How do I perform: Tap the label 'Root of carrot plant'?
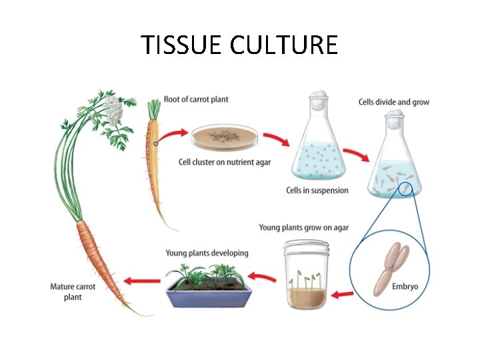pyautogui.click(x=196, y=99)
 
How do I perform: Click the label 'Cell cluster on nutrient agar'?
pyautogui.click(x=225, y=162)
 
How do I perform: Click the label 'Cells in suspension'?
pyautogui.click(x=317, y=191)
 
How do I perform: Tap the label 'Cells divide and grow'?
pyautogui.click(x=393, y=102)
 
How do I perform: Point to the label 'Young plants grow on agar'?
pyautogui.click(x=303, y=228)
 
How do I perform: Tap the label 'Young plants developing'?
pyautogui.click(x=207, y=253)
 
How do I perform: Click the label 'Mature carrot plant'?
pyautogui.click(x=73, y=292)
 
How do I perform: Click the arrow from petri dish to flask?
pyautogui.click(x=275, y=140)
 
